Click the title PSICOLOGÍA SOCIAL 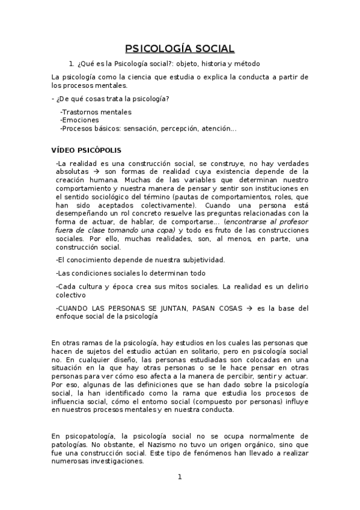180,49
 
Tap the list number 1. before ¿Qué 72,63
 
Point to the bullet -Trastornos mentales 96,112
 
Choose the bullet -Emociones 80,120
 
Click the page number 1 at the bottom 179,477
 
